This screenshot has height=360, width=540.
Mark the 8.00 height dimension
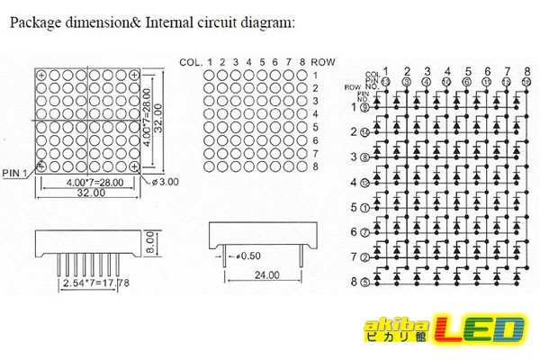click(x=152, y=240)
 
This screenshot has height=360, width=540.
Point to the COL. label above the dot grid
click(x=191, y=61)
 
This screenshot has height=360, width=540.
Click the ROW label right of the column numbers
click(x=324, y=61)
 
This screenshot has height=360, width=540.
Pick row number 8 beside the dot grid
click(x=315, y=166)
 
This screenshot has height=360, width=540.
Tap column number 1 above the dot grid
click(x=209, y=61)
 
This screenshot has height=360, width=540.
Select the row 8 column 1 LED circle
click(x=209, y=166)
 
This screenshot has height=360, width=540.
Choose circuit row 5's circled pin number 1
click(x=364, y=208)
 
